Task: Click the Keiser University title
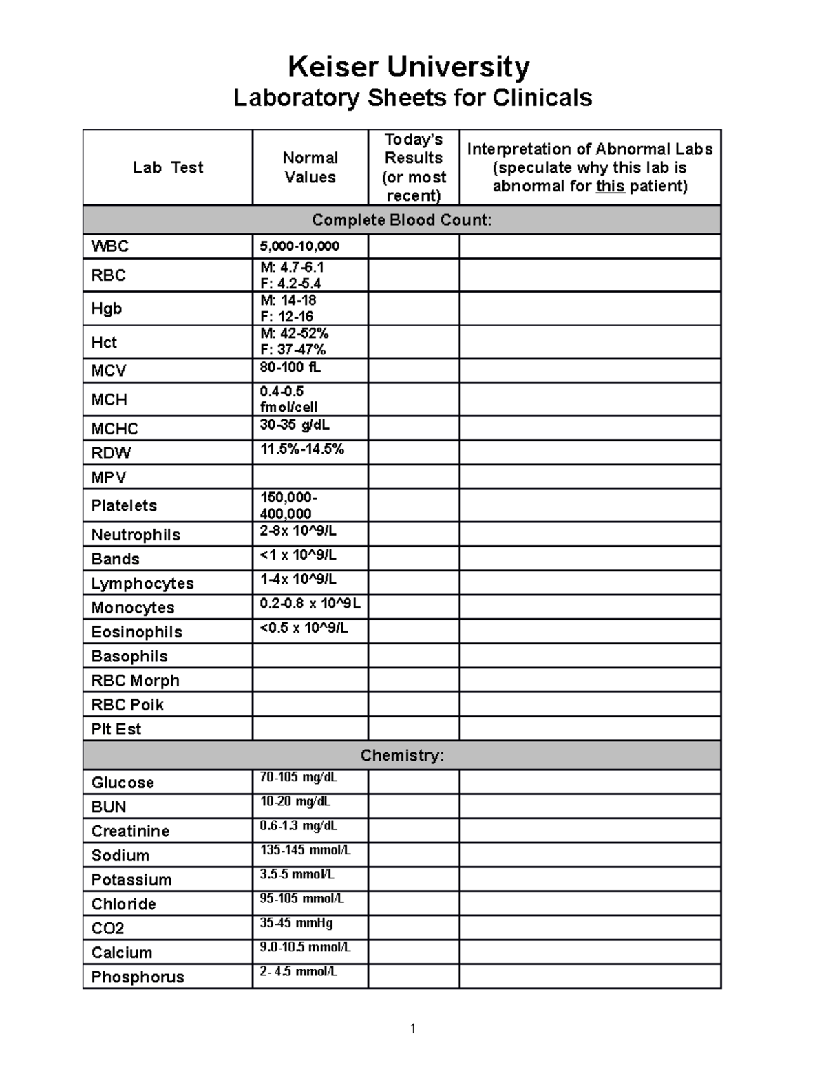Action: [x=409, y=67]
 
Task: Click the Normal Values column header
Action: [x=310, y=167]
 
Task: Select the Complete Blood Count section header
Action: [x=401, y=220]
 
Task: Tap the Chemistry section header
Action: [x=402, y=756]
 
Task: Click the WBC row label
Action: [x=110, y=246]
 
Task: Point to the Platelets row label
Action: [x=124, y=506]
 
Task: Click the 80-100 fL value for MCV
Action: [x=290, y=368]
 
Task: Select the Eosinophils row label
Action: [x=136, y=632]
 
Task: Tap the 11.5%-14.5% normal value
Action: [x=301, y=449]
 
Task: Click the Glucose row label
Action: [x=123, y=783]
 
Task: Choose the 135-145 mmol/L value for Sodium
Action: [x=305, y=850]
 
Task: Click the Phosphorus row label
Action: [x=138, y=977]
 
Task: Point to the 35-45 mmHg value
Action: [x=296, y=923]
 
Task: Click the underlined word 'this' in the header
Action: [x=610, y=187]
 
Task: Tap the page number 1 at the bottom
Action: [x=412, y=1028]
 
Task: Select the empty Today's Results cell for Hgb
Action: [x=413, y=308]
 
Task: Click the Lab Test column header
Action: [x=168, y=167]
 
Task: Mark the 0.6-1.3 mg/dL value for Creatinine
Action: [x=298, y=826]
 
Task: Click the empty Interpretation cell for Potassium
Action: [x=590, y=879]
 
